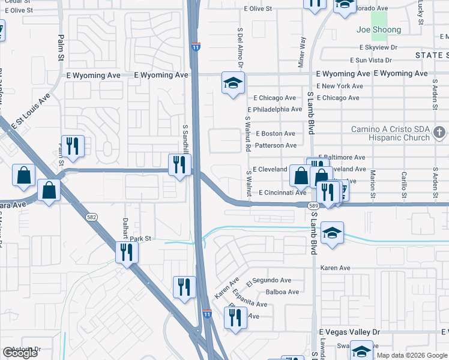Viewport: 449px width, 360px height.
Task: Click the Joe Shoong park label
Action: tap(378, 29)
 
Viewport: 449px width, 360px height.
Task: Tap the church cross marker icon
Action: tap(439, 132)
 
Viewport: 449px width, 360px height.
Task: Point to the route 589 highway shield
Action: tap(313, 205)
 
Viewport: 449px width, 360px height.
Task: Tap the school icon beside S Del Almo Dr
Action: tap(233, 83)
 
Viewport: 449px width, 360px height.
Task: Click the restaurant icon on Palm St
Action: tap(73, 147)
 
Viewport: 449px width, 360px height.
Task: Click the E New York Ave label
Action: tap(339, 86)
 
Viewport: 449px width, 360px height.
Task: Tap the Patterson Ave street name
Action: tap(276, 145)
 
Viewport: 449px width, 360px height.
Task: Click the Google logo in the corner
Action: tap(20, 353)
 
